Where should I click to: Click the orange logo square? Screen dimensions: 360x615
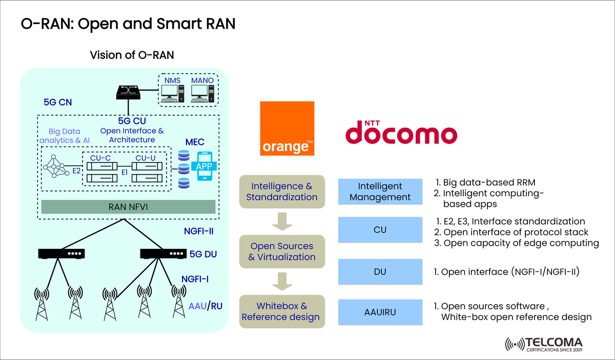[x=287, y=128]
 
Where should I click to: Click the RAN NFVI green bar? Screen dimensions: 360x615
[x=128, y=206]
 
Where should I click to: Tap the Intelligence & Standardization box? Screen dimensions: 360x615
[x=282, y=192]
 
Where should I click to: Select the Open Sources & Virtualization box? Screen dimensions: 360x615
[x=282, y=251]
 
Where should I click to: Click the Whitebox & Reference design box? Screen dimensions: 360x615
[x=282, y=311]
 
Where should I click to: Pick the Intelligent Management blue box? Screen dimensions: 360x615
[x=380, y=192]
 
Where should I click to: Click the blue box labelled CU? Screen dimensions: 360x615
[x=380, y=230]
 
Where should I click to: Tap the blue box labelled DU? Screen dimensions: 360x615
[x=380, y=272]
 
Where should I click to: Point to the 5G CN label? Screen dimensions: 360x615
[x=57, y=102]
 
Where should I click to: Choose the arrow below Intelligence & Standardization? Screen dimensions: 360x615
[x=282, y=221]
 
